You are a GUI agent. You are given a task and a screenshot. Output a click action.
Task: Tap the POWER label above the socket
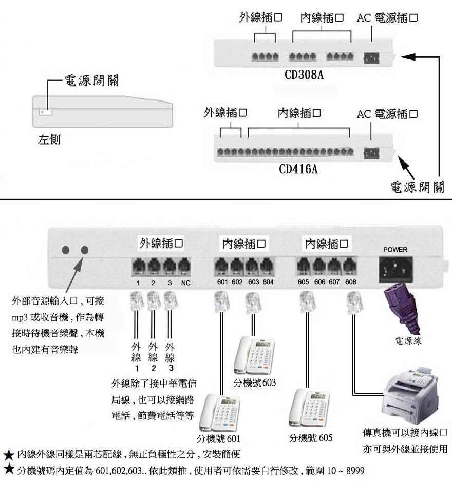(x=395, y=250)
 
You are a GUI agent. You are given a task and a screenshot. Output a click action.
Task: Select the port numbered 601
(x=221, y=267)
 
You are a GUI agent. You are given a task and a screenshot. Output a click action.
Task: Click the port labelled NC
(x=185, y=267)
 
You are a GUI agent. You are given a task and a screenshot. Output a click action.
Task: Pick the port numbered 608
(x=350, y=267)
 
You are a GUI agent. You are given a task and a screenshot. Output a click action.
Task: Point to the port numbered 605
(x=304, y=267)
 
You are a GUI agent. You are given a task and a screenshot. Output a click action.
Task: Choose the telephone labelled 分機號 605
(x=309, y=409)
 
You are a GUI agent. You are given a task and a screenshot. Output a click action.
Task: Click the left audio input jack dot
(x=66, y=250)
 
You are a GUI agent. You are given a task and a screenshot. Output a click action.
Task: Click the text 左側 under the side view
(x=49, y=139)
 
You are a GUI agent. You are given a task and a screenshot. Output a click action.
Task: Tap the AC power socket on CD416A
(x=370, y=152)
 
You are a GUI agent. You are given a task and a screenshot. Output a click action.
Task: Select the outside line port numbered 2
(x=154, y=267)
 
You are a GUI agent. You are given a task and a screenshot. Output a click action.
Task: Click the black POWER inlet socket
(x=395, y=269)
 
